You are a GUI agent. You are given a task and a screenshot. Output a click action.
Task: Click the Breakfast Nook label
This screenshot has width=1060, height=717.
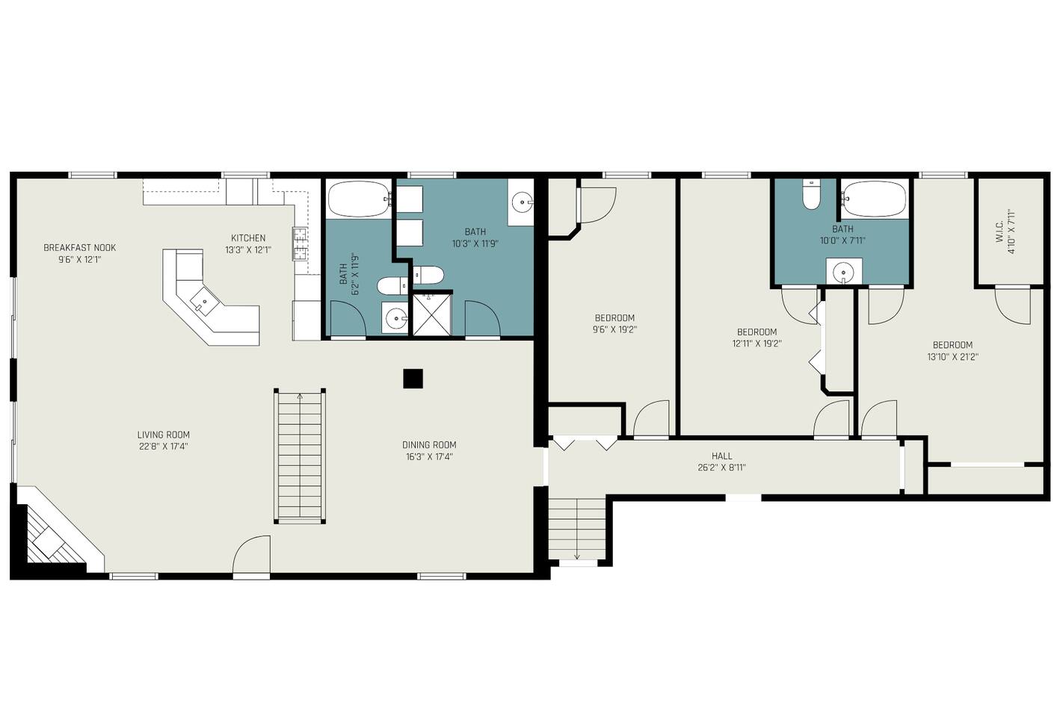coord(79,248)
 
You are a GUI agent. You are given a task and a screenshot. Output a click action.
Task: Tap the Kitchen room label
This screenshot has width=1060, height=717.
coord(248,238)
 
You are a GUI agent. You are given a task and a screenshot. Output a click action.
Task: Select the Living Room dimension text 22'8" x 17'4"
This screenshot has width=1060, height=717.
coord(163,446)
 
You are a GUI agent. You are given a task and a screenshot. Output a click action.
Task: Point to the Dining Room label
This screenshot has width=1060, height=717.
coord(429,444)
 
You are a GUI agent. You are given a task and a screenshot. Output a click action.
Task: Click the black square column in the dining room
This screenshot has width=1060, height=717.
coord(413,379)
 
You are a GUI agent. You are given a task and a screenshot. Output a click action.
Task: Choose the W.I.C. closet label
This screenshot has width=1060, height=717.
coord(999,232)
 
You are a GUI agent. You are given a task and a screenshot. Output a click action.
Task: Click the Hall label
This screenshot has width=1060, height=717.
coord(721,456)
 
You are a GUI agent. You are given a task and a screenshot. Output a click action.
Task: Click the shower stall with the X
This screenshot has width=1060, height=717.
coord(431,315)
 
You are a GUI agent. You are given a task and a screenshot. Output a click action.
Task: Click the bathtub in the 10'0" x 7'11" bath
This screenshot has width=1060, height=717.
coord(874,199)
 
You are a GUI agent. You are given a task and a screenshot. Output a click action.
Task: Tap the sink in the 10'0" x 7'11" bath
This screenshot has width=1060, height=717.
coord(844,271)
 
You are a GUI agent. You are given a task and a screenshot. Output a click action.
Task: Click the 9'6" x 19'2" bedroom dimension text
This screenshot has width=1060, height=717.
coord(614,329)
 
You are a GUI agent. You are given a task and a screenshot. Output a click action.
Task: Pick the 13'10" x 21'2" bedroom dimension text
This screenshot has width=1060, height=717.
coord(952,357)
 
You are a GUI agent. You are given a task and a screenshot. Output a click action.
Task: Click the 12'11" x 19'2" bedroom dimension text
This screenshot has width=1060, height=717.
coord(757,344)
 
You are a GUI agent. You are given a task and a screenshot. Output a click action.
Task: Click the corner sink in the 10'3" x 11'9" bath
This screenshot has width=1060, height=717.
coord(522,202)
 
